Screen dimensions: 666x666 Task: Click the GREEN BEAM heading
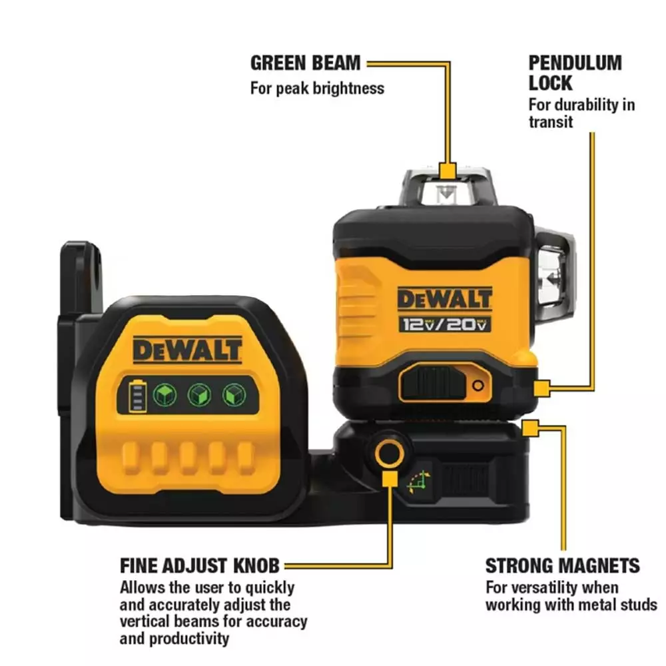(305, 64)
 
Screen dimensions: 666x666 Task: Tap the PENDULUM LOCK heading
(575, 73)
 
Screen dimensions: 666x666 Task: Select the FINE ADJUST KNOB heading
(200, 566)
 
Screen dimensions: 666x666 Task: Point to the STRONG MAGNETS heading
(562, 566)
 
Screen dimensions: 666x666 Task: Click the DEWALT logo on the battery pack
(187, 348)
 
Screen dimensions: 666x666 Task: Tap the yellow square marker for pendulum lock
(542, 386)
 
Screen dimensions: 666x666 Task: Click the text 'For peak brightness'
(317, 88)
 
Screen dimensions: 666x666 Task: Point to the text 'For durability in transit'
(581, 113)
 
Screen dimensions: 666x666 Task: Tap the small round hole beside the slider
(478, 385)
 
